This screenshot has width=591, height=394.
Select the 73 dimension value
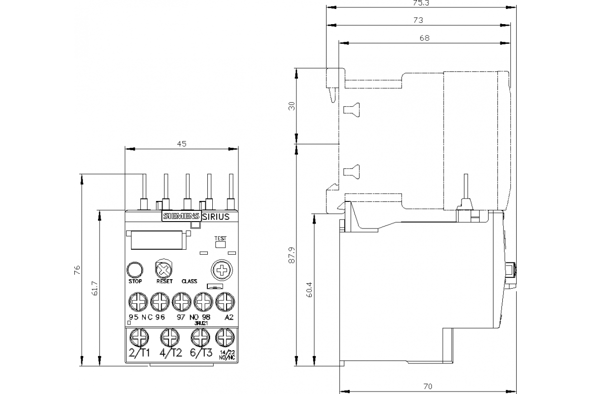coord(418,20)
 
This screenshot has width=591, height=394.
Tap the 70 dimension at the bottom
coord(428,386)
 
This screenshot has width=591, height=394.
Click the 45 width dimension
coord(182,144)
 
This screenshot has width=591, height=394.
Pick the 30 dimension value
coord(291,106)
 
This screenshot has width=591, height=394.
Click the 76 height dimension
coord(77,270)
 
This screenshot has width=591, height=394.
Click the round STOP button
coord(134,269)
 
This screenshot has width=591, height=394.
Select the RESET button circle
coord(163,269)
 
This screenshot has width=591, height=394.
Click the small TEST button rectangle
coord(220,244)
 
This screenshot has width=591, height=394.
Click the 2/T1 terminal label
coord(139,353)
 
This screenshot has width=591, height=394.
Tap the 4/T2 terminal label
coord(171,353)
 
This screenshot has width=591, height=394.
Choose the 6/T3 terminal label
coord(201,353)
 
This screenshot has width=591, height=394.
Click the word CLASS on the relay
coord(189,282)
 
